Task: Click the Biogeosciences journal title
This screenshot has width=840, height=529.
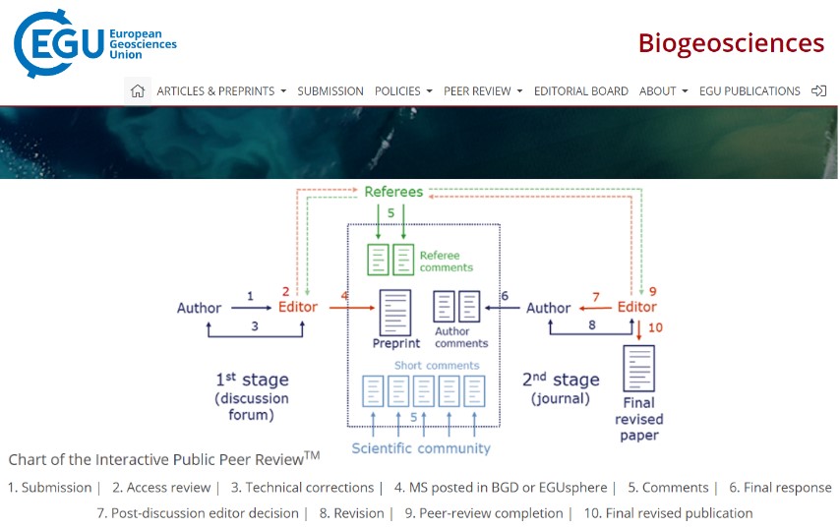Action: pyautogui.click(x=730, y=43)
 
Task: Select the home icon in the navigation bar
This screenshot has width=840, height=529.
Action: pyautogui.click(x=138, y=90)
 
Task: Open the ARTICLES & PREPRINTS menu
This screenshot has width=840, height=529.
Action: pyautogui.click(x=221, y=90)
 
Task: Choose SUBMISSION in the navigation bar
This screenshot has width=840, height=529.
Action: pyautogui.click(x=330, y=90)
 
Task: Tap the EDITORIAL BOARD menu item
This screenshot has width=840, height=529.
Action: pyautogui.click(x=580, y=90)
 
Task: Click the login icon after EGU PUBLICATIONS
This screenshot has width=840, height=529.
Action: pyautogui.click(x=818, y=90)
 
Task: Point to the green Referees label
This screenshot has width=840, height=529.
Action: pyautogui.click(x=393, y=192)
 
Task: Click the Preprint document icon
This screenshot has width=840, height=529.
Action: pyautogui.click(x=395, y=313)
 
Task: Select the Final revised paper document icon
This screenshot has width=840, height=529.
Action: pyautogui.click(x=638, y=369)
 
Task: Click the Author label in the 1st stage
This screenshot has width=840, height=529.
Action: pyautogui.click(x=199, y=308)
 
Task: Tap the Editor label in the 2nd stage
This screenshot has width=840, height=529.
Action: pyautogui.click(x=635, y=308)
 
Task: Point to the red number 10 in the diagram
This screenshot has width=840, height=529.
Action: pyautogui.click(x=656, y=328)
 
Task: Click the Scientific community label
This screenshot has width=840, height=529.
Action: pyautogui.click(x=421, y=448)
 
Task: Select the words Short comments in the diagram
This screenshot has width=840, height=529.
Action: pyautogui.click(x=437, y=366)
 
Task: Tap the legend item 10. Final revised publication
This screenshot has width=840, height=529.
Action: pyautogui.click(x=668, y=513)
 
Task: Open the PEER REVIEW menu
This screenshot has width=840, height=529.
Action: pyautogui.click(x=482, y=90)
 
